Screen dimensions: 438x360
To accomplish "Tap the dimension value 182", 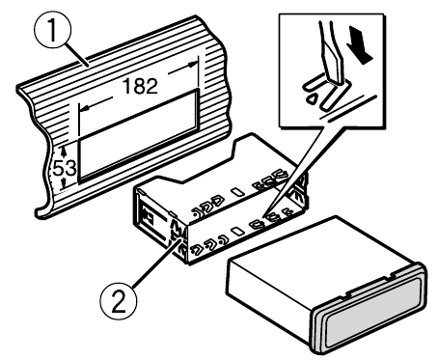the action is (x=140, y=86).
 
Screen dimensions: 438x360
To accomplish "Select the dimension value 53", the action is (x=65, y=168).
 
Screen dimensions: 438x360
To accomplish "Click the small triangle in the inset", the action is (x=312, y=98).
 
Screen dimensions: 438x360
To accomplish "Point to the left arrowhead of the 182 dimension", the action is (x=84, y=109).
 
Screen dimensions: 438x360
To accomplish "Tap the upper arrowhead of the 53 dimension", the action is (x=64, y=150).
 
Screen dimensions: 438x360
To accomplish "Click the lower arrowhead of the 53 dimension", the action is (x=64, y=184).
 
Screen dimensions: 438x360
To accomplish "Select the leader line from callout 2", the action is (x=155, y=263).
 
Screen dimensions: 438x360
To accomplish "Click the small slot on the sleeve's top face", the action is (x=238, y=192).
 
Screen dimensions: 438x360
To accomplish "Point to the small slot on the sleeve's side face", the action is (x=238, y=231).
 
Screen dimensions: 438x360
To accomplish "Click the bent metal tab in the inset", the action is (x=321, y=91).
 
